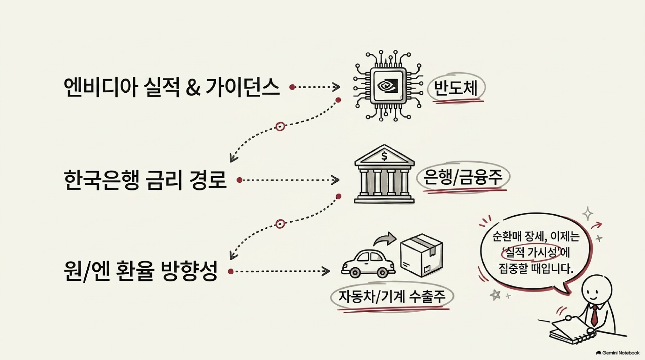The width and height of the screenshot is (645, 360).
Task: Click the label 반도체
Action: click(x=456, y=88)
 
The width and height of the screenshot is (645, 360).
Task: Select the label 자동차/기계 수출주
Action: click(x=392, y=296)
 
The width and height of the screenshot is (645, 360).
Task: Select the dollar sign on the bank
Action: click(x=384, y=156)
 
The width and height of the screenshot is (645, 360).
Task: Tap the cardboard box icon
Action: click(x=421, y=255)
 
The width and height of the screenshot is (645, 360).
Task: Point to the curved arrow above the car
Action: click(x=385, y=238)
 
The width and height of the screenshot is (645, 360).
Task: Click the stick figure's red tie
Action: click(x=594, y=316)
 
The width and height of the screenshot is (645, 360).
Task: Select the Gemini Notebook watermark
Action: click(x=618, y=353)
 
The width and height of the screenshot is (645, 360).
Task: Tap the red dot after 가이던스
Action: click(x=292, y=87)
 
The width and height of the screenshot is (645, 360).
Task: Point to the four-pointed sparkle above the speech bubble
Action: click(x=588, y=213)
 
